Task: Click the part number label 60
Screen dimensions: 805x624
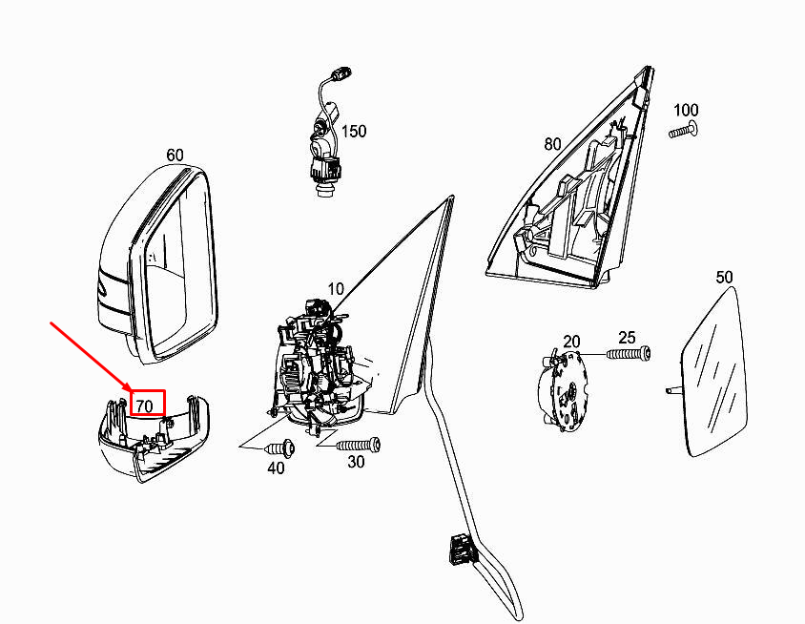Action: (x=175, y=155)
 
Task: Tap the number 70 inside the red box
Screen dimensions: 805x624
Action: (x=145, y=406)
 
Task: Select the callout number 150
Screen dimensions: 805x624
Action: (x=354, y=132)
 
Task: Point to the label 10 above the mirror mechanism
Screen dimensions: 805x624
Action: (x=335, y=289)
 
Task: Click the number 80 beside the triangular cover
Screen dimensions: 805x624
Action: (x=552, y=144)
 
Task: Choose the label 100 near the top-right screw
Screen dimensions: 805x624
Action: (x=686, y=110)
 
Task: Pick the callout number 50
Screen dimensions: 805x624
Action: (x=724, y=278)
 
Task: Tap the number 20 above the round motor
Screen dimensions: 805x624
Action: (x=571, y=342)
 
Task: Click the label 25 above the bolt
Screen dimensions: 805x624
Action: (x=627, y=338)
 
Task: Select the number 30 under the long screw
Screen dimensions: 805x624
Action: (x=356, y=462)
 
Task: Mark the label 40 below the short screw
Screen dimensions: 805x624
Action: (x=276, y=468)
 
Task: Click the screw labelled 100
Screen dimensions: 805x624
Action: (x=683, y=131)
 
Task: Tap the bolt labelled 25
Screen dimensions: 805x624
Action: (x=629, y=353)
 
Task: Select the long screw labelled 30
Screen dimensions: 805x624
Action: (x=359, y=445)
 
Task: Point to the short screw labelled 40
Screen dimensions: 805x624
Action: (x=280, y=448)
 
